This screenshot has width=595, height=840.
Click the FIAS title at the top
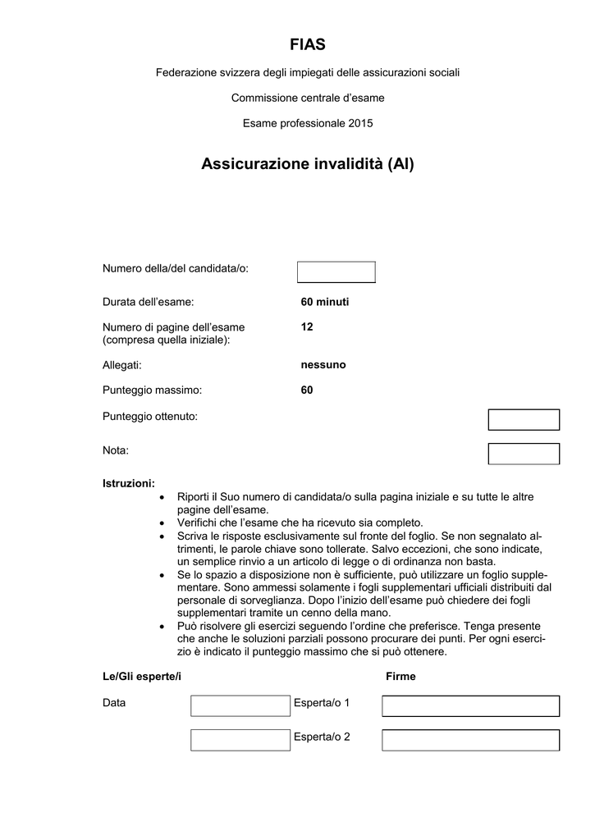pos(308,44)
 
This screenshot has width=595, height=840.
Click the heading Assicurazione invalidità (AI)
pos(308,164)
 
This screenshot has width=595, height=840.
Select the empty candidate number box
pos(336,272)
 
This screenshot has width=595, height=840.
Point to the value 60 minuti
pos(325,302)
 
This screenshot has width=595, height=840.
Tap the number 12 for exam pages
pos(307,326)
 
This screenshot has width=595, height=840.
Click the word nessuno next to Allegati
pos(323,364)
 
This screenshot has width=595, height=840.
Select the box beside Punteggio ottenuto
pos(524,420)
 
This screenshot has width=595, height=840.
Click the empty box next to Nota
pos(524,454)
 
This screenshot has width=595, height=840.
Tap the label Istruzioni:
pos(128,483)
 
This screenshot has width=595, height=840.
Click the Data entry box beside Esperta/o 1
pos(240,705)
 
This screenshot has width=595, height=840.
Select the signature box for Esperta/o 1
pos(470,705)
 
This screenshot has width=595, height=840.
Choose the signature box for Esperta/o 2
pos(470,740)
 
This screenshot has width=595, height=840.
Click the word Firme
pos(400,677)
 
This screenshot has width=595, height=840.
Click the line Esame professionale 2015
pos(308,123)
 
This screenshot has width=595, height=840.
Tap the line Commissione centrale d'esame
pos(308,98)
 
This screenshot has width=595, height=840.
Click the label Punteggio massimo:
pos(152,390)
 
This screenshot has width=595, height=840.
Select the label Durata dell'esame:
pos(148,302)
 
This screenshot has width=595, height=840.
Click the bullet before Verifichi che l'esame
pos(161,523)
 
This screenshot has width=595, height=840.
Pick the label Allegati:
pos(122,364)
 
